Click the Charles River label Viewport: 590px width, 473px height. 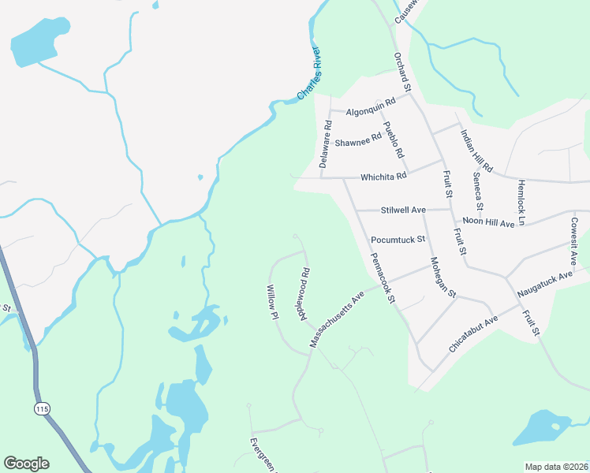point(309,74)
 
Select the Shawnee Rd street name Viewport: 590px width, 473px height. point(358,143)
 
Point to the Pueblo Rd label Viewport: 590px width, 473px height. point(393,140)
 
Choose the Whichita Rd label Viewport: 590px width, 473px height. point(383,177)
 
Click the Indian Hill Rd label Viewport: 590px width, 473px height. point(476,151)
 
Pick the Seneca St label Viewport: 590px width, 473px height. point(478,191)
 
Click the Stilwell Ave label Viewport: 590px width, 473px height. point(403,210)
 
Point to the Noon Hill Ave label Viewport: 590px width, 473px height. point(488,223)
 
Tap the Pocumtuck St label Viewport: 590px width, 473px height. point(398,238)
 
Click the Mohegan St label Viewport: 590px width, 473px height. point(443,277)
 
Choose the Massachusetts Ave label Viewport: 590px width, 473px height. point(337,318)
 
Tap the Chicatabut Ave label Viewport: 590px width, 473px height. point(473,333)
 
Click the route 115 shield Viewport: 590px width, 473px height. point(42,408)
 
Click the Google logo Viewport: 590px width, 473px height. point(26,464)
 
